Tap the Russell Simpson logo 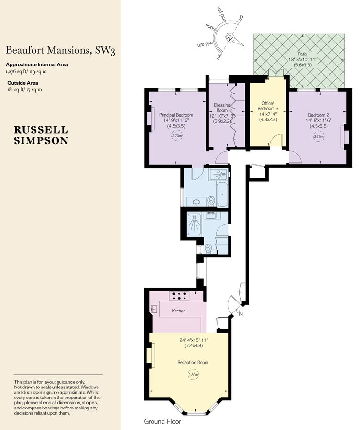(41, 135)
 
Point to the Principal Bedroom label (176, 115)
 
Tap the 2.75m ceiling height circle (318, 136)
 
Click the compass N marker (230, 38)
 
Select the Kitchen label (179, 311)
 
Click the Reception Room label (193, 362)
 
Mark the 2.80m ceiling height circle (193, 375)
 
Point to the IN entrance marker (240, 314)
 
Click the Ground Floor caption (162, 422)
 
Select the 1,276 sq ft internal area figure (16, 71)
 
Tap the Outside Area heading (23, 82)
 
